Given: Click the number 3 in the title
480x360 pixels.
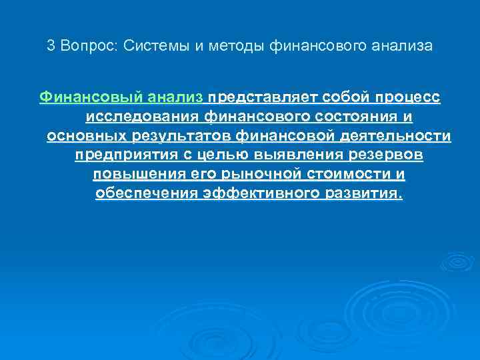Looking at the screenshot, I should (51, 47).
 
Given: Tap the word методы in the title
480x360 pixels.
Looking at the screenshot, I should (229, 47).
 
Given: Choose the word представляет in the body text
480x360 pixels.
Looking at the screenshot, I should (263, 98).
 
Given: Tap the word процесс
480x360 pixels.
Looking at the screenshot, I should (406, 98).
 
